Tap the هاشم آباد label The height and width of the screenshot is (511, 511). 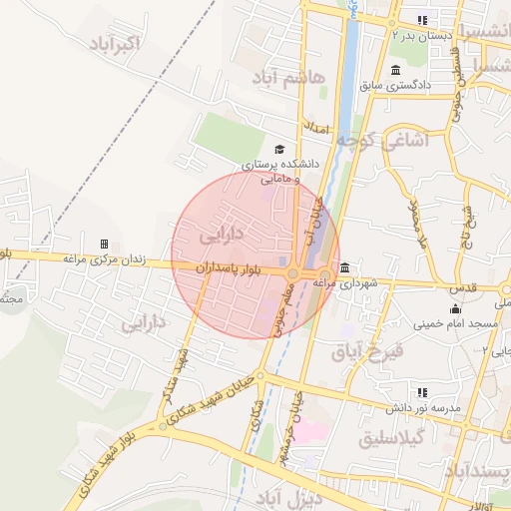click(289, 78)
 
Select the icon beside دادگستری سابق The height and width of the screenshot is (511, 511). click(396, 70)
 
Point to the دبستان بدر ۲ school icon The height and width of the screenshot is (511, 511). click(422, 20)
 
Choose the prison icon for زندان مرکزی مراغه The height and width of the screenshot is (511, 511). click(104, 244)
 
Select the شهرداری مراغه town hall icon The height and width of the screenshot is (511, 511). click(344, 267)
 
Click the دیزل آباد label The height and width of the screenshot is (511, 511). click(293, 496)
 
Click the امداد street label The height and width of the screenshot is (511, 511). click(315, 129)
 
